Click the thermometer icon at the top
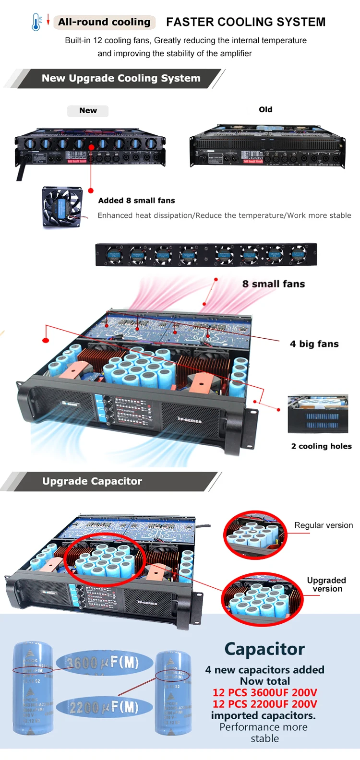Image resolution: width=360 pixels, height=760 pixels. point(36,22)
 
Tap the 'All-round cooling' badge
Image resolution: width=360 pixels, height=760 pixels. point(104,22)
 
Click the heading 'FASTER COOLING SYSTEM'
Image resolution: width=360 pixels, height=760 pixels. point(246,22)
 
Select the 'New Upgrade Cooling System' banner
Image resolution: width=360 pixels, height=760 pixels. point(121,78)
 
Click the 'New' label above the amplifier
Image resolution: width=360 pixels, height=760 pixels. point(88,110)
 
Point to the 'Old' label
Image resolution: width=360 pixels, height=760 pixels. point(265,109)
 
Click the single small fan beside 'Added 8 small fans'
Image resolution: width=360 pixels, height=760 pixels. point(62,207)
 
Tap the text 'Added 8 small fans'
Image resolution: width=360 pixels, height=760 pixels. point(136,201)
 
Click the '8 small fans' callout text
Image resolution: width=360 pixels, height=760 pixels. point(273,284)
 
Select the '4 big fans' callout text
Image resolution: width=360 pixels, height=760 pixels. point(314,344)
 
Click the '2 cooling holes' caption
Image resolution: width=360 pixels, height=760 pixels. point(321,446)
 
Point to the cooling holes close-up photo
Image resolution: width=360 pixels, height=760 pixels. point(318,414)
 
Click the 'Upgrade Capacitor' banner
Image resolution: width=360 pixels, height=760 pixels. point(92,481)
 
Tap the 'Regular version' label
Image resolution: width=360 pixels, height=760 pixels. point(323,525)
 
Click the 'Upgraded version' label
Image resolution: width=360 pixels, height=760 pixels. point(326,584)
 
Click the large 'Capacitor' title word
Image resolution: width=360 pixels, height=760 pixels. point(264,649)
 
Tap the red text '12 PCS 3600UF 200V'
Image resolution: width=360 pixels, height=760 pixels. point(264,692)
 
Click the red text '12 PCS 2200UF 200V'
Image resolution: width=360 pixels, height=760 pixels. point(264,704)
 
